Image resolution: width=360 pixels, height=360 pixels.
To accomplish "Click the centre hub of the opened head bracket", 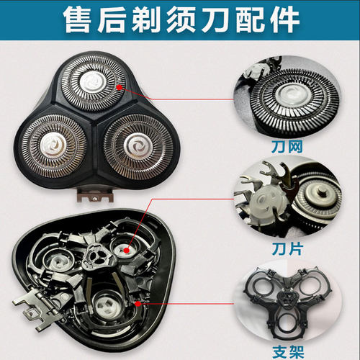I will click(93, 256).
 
